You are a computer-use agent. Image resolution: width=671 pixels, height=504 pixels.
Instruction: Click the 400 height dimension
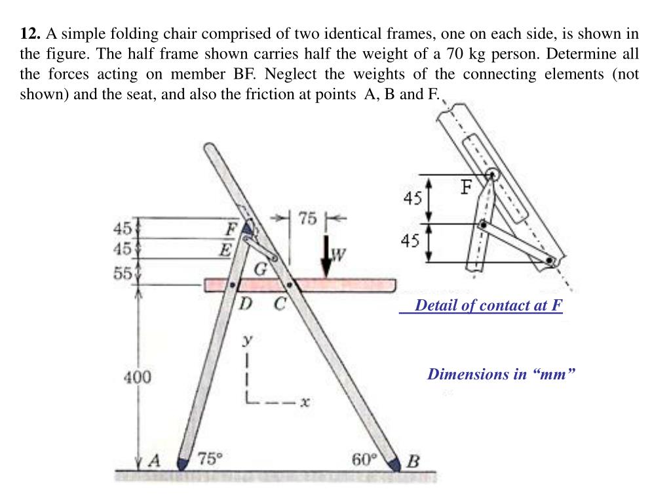pyautogui.click(x=138, y=377)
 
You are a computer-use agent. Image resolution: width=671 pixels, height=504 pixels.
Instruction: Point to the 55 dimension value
pyautogui.click(x=123, y=273)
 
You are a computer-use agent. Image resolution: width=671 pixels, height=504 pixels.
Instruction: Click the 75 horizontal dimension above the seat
pyautogui.click(x=308, y=219)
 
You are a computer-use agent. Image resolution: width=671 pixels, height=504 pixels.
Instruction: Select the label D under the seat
pyautogui.click(x=244, y=304)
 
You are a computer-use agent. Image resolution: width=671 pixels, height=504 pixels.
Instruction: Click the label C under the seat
pyautogui.click(x=280, y=304)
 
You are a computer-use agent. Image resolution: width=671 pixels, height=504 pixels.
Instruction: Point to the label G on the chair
pyautogui.click(x=260, y=269)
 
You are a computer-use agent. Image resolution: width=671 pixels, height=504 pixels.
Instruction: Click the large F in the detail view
pyautogui.click(x=465, y=188)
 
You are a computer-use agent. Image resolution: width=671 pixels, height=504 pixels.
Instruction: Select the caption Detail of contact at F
pyautogui.click(x=489, y=305)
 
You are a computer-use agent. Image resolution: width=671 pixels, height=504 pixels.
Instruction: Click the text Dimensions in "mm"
pyautogui.click(x=502, y=374)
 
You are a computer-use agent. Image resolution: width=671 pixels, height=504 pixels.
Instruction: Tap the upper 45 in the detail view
pyautogui.click(x=412, y=198)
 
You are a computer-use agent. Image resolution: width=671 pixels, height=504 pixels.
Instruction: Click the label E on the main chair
pyautogui.click(x=225, y=249)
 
